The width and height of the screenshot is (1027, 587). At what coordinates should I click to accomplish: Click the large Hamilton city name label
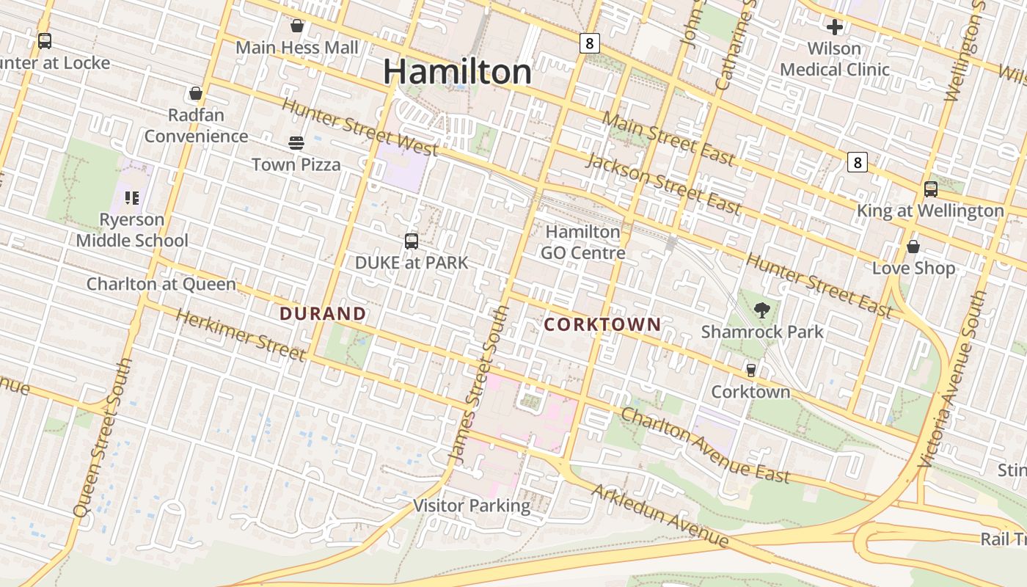[457, 72]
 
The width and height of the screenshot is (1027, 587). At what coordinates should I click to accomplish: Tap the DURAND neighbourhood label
[323, 313]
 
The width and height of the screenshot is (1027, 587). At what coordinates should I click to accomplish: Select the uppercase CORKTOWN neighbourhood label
[602, 324]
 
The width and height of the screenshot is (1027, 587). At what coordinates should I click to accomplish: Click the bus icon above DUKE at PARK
[412, 241]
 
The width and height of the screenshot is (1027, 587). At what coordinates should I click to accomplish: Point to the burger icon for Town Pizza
[296, 142]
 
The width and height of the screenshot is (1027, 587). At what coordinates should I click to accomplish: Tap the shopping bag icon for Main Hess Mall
[297, 26]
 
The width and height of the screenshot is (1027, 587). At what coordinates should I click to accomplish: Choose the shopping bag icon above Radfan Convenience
[196, 93]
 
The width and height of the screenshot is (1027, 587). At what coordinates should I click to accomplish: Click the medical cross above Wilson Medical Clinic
[835, 28]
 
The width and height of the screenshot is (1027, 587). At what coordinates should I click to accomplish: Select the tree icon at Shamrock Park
[762, 310]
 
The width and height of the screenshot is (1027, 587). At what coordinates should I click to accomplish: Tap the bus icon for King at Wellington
[930, 189]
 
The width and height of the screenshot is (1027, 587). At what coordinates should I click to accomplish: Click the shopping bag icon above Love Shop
[913, 247]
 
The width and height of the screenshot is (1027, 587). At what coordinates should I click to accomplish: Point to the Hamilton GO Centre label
[583, 242]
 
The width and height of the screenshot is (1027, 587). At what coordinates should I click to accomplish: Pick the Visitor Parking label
[472, 506]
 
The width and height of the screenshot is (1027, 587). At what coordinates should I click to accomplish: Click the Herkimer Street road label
[241, 335]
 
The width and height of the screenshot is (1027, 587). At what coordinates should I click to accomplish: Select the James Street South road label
[478, 384]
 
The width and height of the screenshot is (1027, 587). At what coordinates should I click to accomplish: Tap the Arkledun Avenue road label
[660, 516]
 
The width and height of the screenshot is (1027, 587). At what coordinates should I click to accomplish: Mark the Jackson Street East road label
[663, 183]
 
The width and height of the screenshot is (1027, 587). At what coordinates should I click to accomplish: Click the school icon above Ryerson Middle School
[132, 197]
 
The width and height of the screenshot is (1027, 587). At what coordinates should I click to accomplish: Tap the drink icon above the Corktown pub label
[750, 370]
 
